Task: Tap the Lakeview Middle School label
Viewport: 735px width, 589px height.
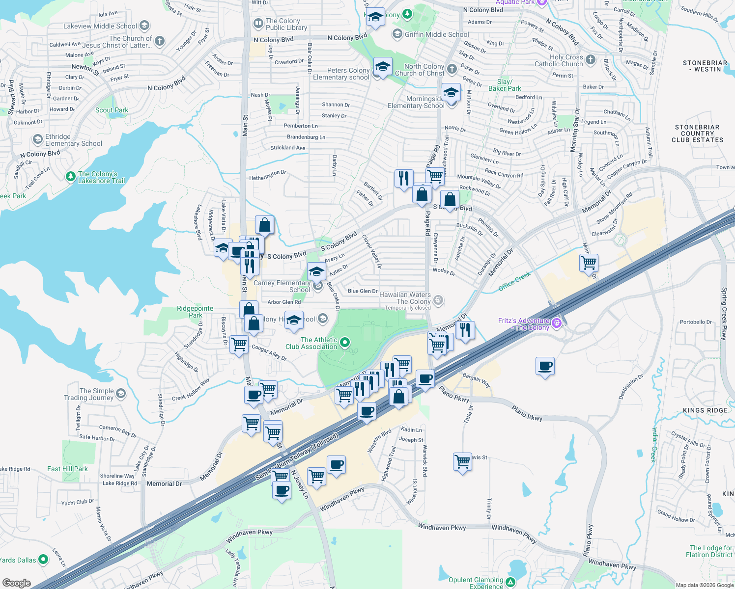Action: [100, 26]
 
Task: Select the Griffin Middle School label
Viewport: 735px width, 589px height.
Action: [437, 34]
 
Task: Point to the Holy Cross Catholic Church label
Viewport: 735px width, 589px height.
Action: [559, 60]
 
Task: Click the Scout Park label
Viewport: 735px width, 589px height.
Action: [112, 110]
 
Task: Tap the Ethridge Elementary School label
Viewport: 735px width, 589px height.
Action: [74, 140]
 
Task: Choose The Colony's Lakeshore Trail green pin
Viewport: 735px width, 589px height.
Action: [71, 176]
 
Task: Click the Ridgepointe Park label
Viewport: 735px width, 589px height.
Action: [195, 312]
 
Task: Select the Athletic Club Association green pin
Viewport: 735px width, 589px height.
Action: [345, 342]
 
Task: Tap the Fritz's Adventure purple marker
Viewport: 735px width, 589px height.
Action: [556, 322]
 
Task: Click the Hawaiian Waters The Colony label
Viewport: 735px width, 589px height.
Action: [405, 298]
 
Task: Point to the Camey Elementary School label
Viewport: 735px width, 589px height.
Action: [282, 286]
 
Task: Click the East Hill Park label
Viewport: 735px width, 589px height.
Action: [67, 469]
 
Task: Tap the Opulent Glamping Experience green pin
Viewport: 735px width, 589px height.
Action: [510, 582]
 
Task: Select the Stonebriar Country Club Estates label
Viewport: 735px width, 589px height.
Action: [697, 134]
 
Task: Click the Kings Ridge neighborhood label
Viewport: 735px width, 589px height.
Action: [705, 410]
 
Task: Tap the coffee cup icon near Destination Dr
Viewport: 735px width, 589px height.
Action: [545, 366]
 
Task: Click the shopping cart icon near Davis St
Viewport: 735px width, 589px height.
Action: [462, 461]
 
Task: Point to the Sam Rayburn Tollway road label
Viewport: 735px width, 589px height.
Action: [297, 457]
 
